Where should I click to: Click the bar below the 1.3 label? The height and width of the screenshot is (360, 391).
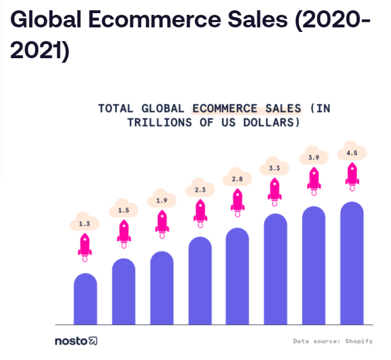coord(85,299)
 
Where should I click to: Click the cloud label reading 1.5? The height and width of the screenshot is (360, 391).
coord(124,211)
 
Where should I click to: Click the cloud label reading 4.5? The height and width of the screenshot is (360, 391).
coord(352,153)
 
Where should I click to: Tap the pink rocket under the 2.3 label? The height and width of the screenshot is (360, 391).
coord(200,212)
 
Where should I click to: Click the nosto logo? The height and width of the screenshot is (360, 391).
coord(76,341)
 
